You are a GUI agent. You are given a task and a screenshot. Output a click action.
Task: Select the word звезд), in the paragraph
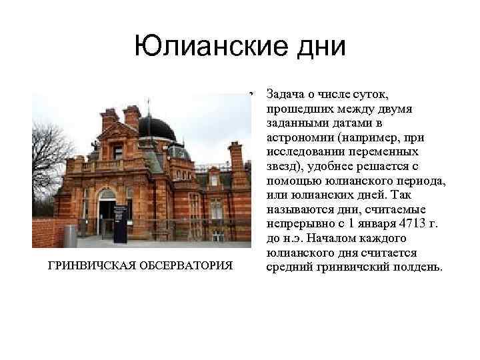285,166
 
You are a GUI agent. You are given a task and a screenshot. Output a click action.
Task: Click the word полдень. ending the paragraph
413,267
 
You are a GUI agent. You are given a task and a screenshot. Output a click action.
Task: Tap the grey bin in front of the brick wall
70,235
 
